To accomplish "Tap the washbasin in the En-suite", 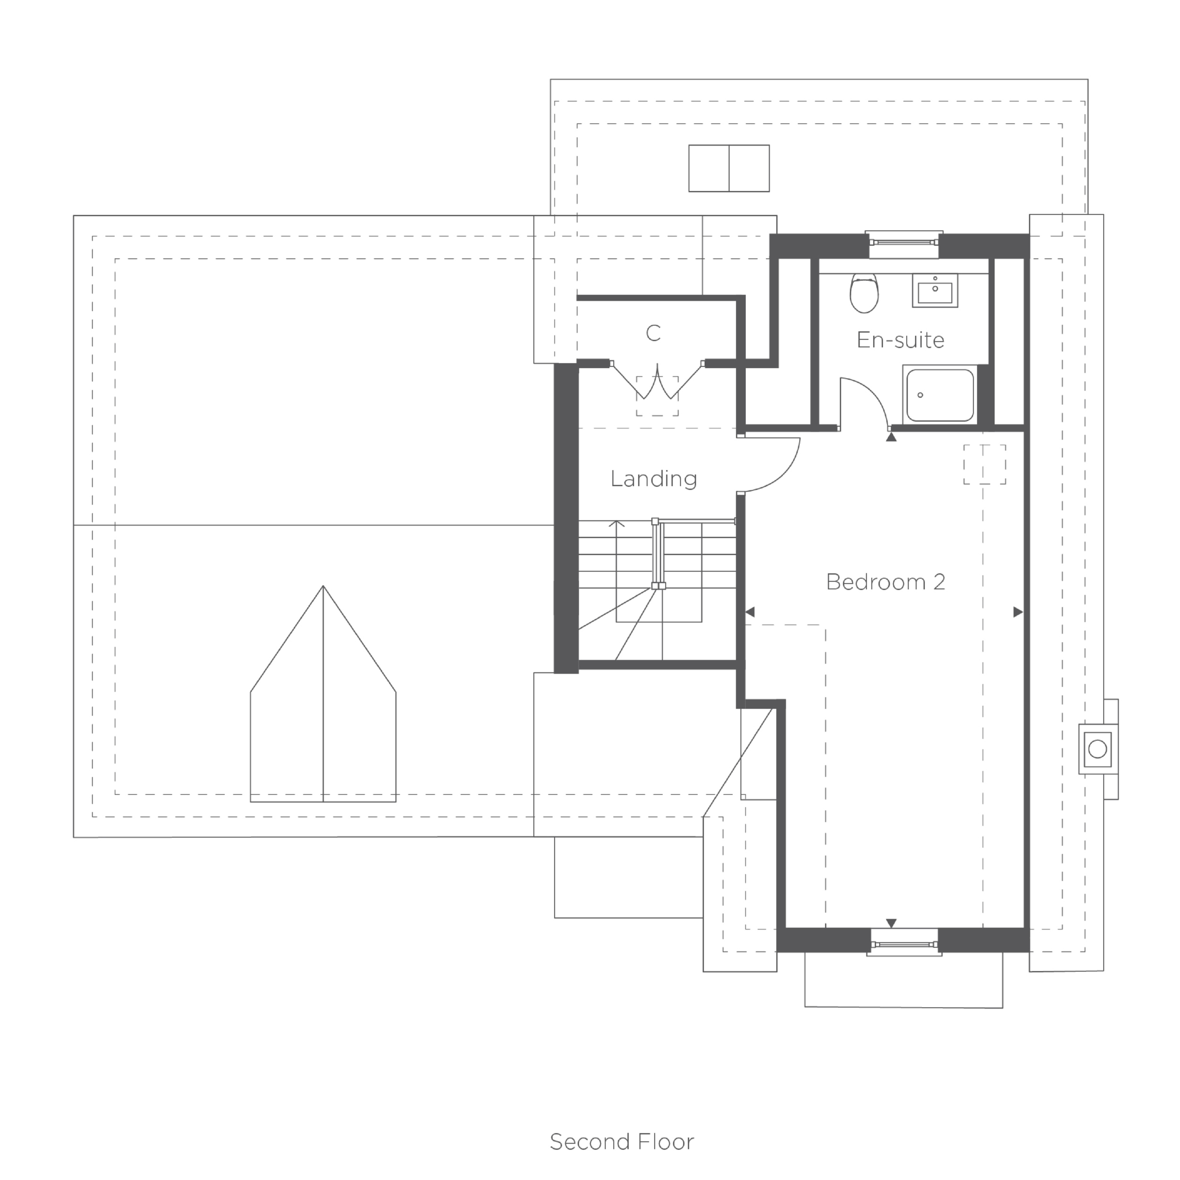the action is click(x=935, y=290).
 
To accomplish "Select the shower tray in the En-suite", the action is click(x=940, y=395).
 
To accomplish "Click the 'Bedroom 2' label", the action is click(x=885, y=582).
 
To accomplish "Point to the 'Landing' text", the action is click(x=654, y=478).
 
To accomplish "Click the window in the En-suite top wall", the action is click(x=904, y=241).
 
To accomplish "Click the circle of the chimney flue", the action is click(x=1097, y=749).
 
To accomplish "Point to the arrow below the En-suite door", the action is click(x=891, y=437).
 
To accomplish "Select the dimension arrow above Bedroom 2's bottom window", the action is click(x=891, y=924).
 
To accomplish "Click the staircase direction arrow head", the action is click(x=617, y=523).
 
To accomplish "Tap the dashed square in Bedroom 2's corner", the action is click(x=985, y=464).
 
